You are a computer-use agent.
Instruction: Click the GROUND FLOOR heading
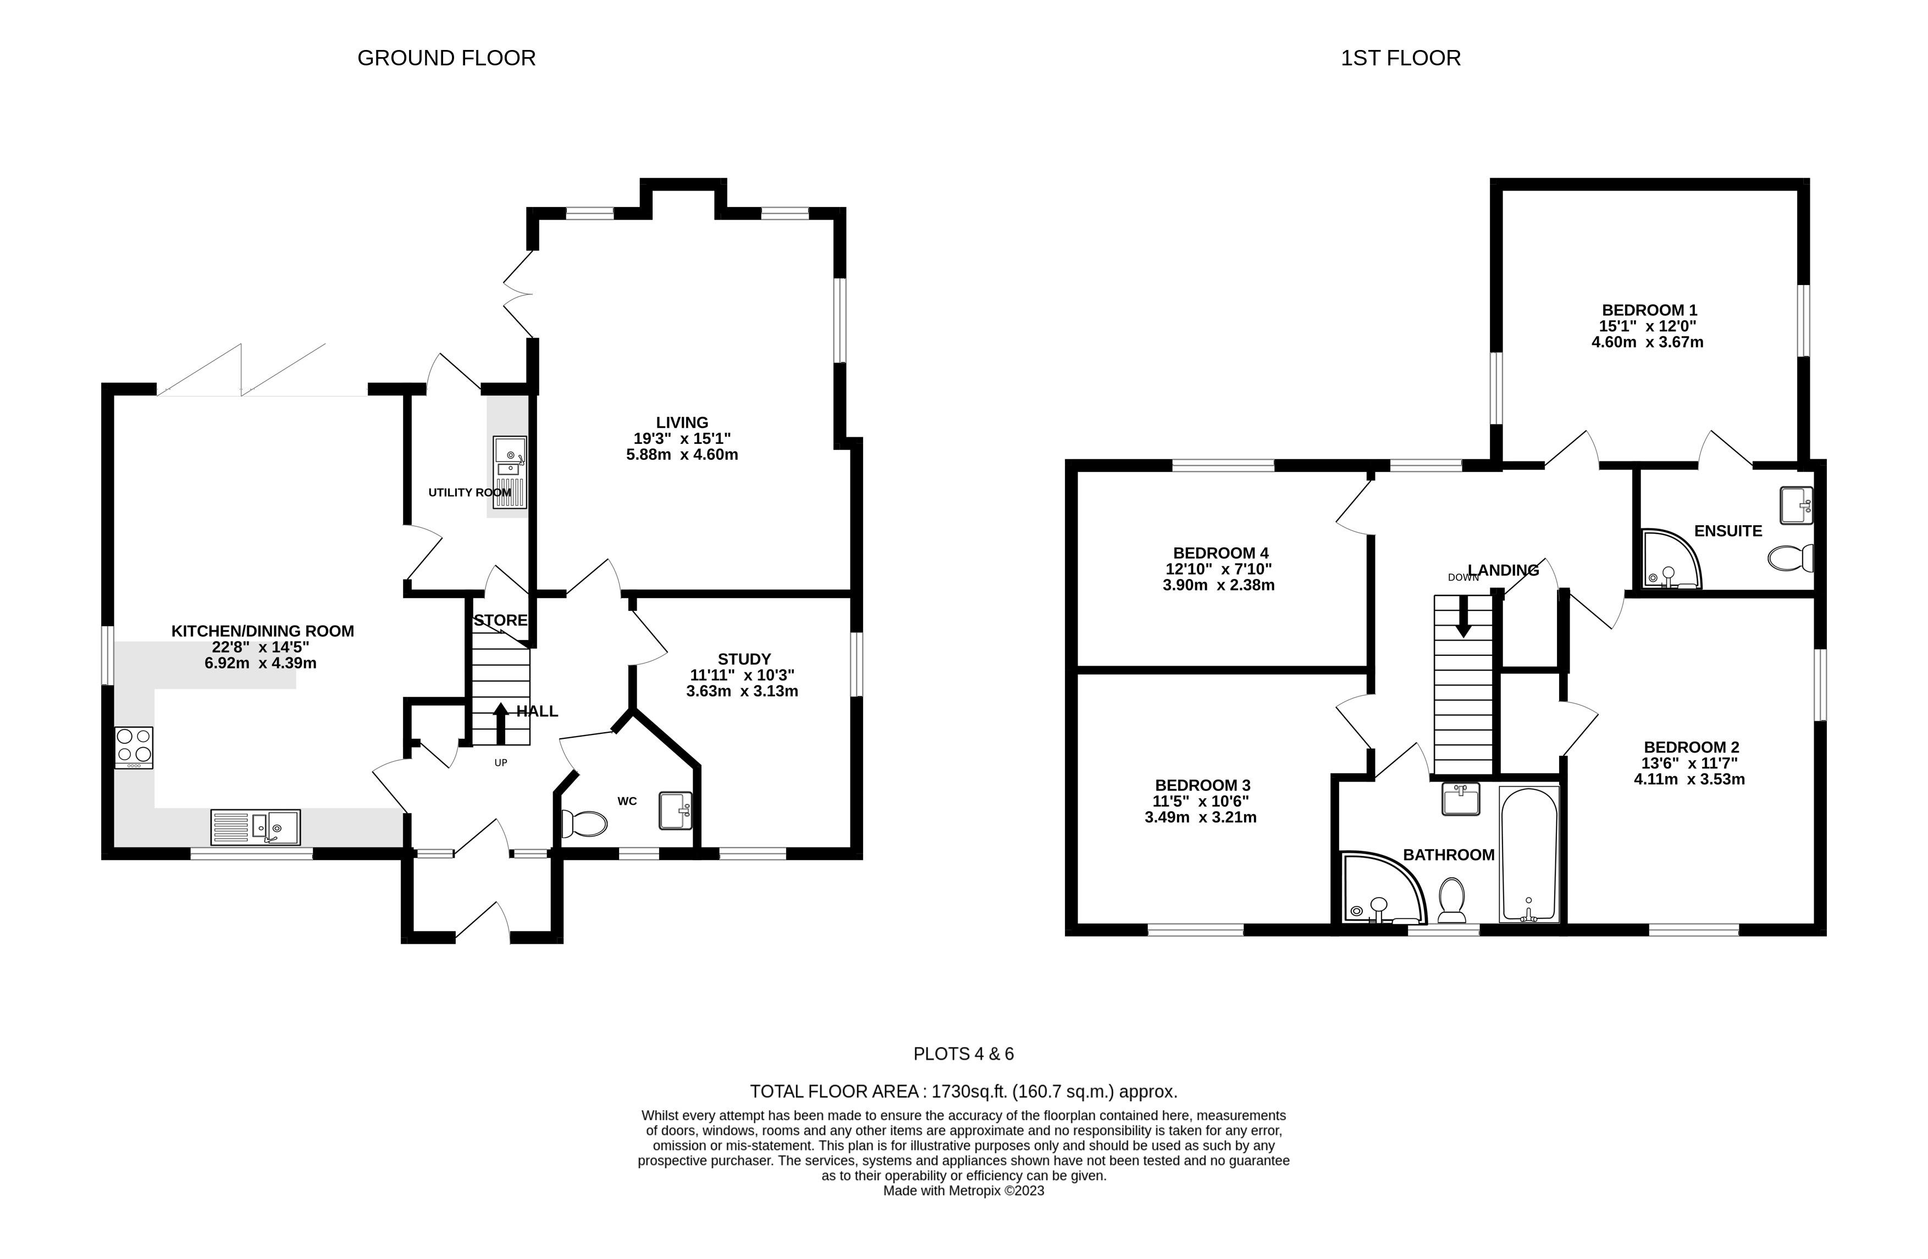446,58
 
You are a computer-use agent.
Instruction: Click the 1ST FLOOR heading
1401,58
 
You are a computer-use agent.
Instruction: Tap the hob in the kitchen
134,747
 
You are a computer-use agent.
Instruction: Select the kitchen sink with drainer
255,827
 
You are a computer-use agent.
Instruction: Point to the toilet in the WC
584,824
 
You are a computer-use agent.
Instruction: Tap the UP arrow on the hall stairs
501,723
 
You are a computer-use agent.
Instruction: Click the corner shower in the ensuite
1670,559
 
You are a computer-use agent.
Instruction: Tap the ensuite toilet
1789,559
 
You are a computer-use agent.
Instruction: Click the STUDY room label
744,659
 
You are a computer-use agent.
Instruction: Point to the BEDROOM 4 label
1220,553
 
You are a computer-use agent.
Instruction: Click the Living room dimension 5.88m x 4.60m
682,454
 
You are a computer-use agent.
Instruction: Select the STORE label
501,620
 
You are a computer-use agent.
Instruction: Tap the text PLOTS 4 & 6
963,1054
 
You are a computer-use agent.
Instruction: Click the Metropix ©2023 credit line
963,1191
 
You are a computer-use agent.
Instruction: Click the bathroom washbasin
1461,798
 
